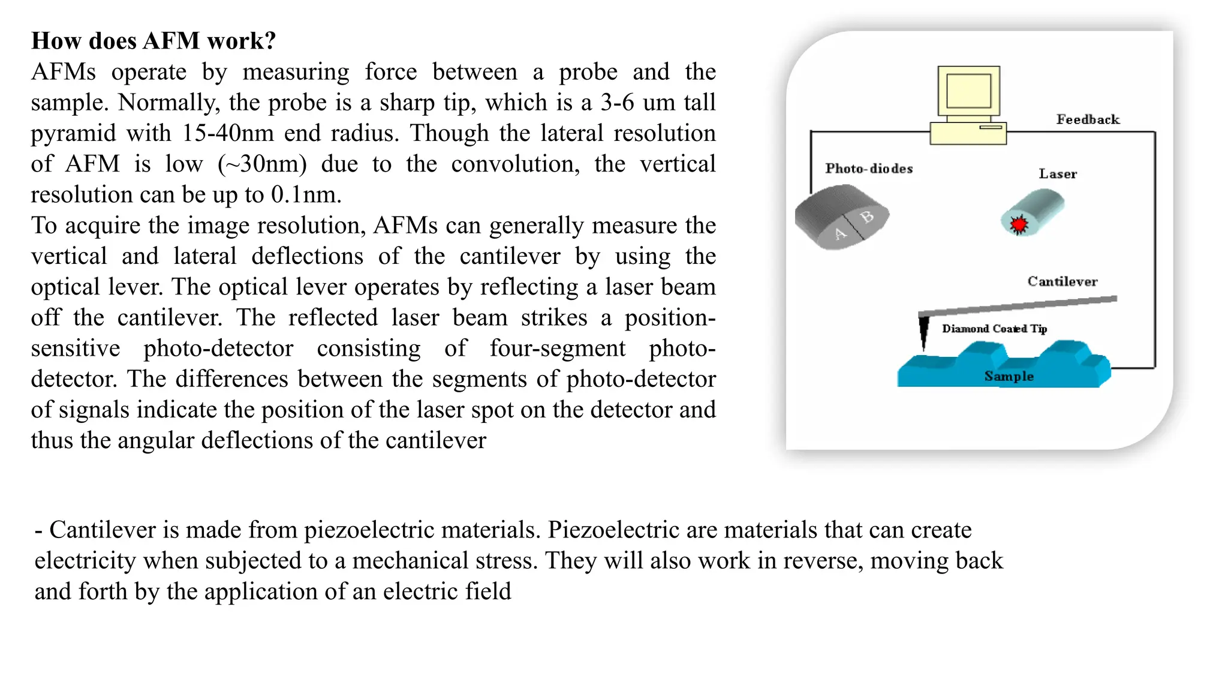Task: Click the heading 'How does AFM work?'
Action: click(x=153, y=41)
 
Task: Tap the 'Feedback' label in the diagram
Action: click(x=1088, y=119)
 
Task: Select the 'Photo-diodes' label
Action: click(x=869, y=169)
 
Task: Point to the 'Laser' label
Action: click(x=1058, y=174)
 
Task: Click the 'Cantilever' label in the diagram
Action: click(x=1062, y=281)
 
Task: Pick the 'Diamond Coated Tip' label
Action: click(x=994, y=329)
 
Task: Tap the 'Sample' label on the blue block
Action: click(x=1009, y=376)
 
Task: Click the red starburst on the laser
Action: click(x=1018, y=224)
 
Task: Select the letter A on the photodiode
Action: click(x=840, y=233)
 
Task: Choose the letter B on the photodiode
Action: click(x=867, y=217)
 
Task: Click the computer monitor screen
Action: click(x=968, y=91)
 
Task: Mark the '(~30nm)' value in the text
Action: click(x=262, y=164)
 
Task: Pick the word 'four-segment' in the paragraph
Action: click(x=557, y=348)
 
